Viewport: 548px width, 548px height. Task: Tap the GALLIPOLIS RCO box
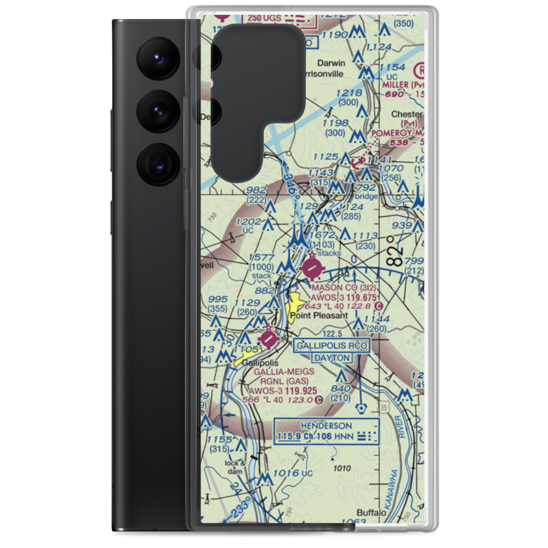point(332,346)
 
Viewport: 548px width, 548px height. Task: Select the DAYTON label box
point(332,358)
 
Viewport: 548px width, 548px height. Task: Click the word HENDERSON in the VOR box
point(327,426)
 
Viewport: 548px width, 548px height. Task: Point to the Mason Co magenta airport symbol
point(312,268)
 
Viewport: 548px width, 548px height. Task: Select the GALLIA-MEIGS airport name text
point(284,372)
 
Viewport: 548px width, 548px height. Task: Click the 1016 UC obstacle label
point(292,473)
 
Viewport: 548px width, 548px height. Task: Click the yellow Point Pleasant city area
point(295,308)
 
